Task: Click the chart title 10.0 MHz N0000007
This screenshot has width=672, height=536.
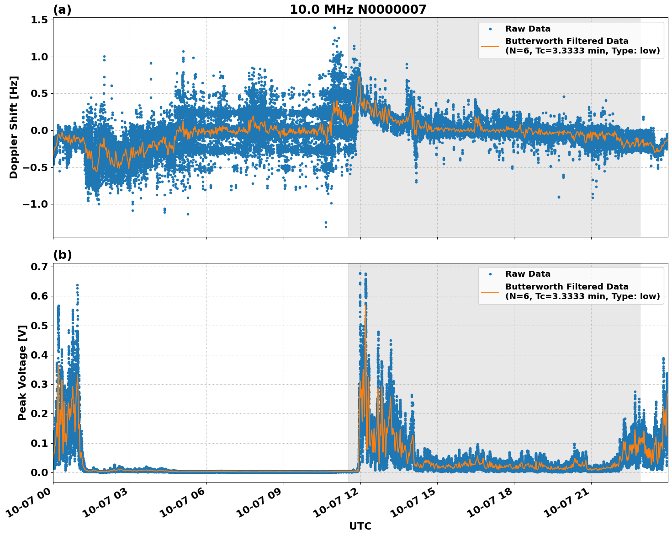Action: pyautogui.click(x=358, y=10)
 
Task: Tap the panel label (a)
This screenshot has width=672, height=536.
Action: pyautogui.click(x=62, y=10)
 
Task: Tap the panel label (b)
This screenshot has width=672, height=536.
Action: pyautogui.click(x=62, y=255)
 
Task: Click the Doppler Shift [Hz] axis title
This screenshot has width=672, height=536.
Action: pyautogui.click(x=14, y=127)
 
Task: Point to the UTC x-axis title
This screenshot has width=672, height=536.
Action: pyautogui.click(x=360, y=526)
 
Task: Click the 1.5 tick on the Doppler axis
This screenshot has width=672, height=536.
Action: pyautogui.click(x=40, y=20)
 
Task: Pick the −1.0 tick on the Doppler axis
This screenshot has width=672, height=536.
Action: pyautogui.click(x=35, y=204)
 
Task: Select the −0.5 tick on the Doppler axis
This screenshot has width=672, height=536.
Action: pyautogui.click(x=35, y=167)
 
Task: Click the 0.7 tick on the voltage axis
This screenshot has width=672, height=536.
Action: pyautogui.click(x=40, y=267)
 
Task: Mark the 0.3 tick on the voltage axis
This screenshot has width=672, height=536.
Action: pyautogui.click(x=40, y=384)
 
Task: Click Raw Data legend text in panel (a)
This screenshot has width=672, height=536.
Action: pyautogui.click(x=528, y=29)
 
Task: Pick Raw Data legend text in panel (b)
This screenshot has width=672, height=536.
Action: pyautogui.click(x=528, y=274)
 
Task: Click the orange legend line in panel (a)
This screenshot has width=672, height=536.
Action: pyautogui.click(x=490, y=46)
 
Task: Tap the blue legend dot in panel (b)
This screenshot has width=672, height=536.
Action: pyautogui.click(x=490, y=274)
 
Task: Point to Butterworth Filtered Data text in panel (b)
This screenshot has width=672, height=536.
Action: pyautogui.click(x=566, y=287)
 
